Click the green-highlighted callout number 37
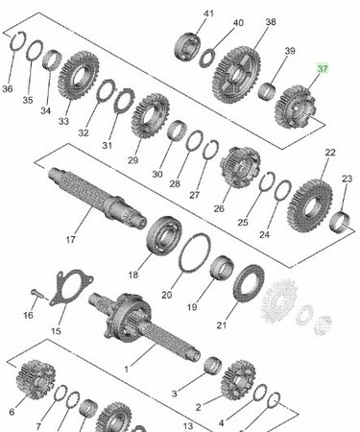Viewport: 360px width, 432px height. click(323, 69)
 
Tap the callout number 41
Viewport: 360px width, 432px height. click(208, 13)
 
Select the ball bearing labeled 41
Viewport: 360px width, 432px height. click(188, 48)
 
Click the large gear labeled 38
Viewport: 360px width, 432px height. click(236, 76)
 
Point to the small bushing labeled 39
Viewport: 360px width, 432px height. click(268, 91)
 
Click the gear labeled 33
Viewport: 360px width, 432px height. click(79, 77)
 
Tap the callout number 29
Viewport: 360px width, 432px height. click(132, 160)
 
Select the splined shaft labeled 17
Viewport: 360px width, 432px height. click(97, 198)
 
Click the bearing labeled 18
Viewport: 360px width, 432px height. click(164, 236)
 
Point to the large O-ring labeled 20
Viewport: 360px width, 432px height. click(195, 252)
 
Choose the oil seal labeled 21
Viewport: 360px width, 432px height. click(249, 283)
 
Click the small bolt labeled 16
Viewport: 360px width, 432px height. click(37, 294)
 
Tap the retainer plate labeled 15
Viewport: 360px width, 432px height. click(70, 287)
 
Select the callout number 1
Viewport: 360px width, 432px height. click(127, 370)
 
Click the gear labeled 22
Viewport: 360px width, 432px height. click(310, 205)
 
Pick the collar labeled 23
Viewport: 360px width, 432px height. click(340, 222)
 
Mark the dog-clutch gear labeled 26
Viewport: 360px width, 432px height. click(240, 167)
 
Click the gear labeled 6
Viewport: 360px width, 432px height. click(36, 379)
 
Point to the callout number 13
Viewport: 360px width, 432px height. click(188, 426)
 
